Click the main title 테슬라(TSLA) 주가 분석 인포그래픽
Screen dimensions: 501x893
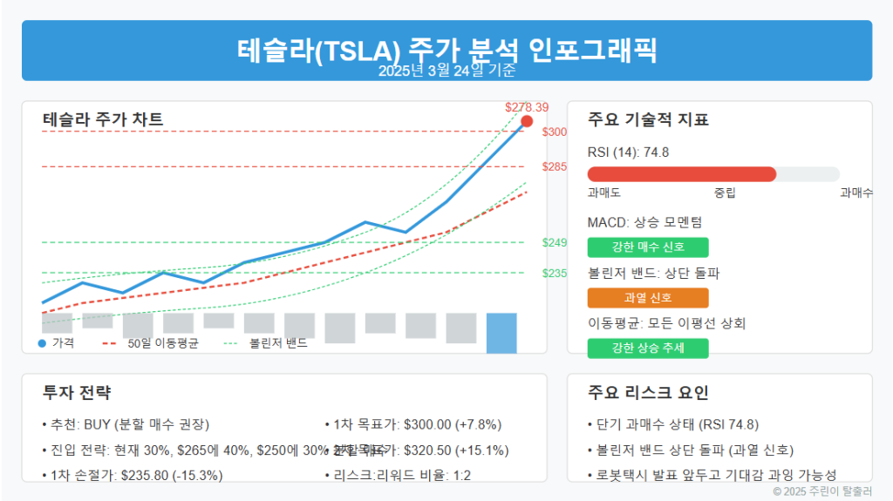click(446, 49)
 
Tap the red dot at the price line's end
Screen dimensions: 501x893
click(526, 121)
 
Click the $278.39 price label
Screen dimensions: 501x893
click(527, 107)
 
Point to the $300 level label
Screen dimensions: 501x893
click(555, 132)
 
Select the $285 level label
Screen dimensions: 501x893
click(555, 166)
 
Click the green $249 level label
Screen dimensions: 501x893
click(555, 242)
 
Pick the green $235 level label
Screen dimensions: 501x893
click(555, 273)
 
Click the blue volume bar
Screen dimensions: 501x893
click(501, 333)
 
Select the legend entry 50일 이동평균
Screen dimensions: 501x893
click(162, 343)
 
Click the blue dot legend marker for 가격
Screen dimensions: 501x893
click(42, 343)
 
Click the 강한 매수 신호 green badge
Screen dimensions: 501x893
click(648, 247)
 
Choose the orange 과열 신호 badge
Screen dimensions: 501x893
click(648, 297)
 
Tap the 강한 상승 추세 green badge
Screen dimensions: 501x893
click(648, 349)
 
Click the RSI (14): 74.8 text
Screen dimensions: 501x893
click(628, 152)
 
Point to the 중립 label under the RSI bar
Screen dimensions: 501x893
click(725, 192)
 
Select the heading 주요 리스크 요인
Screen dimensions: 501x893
click(648, 392)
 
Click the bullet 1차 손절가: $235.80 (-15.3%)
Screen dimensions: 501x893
click(132, 475)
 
